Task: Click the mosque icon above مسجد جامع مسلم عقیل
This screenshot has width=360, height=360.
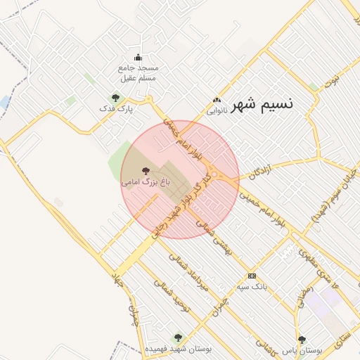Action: (137, 58)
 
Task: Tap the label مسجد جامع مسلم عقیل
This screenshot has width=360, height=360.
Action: (138, 72)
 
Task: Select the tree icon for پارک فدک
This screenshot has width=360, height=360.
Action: (115, 98)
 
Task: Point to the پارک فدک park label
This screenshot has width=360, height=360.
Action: (116, 109)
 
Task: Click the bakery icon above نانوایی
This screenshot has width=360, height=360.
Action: (217, 100)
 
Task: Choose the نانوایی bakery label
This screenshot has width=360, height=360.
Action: (217, 110)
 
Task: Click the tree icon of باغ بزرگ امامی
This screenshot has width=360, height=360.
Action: (146, 171)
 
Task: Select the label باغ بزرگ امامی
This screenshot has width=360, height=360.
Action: (146, 182)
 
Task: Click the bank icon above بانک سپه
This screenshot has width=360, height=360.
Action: (252, 276)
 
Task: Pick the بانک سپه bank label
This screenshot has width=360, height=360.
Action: (252, 286)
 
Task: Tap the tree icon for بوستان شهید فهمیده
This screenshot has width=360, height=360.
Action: (177, 337)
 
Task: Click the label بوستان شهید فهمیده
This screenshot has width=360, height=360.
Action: (178, 349)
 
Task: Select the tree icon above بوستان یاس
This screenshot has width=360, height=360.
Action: (302, 339)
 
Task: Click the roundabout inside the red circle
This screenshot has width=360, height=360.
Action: (214, 176)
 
